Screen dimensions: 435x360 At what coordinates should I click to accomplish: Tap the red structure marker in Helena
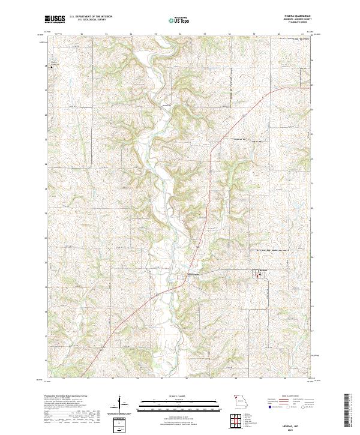coord(260,275)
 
